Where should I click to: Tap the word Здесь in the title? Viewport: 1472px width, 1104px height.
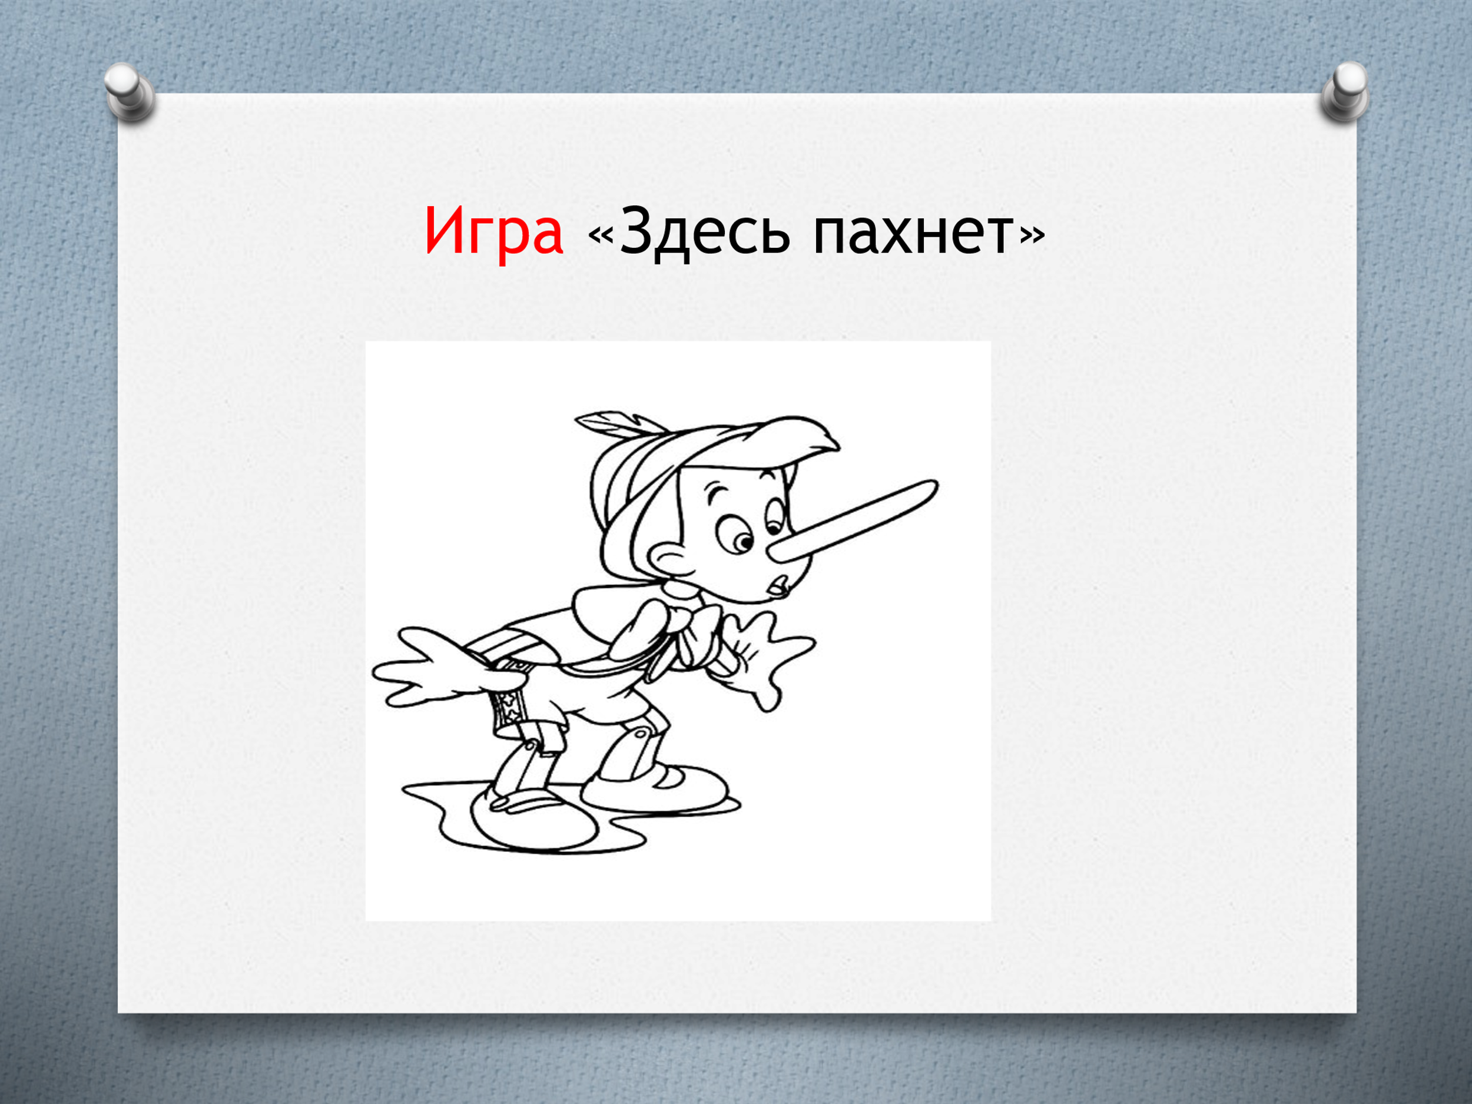pos(704,231)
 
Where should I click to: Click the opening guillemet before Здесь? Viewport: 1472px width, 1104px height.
pos(601,235)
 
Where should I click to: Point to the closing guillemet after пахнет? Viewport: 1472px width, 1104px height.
pos(1032,235)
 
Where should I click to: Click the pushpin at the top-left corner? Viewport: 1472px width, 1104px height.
pos(129,92)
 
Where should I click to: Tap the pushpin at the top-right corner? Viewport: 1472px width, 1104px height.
pos(1345,92)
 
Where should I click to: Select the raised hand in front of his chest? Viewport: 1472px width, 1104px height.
pos(765,655)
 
